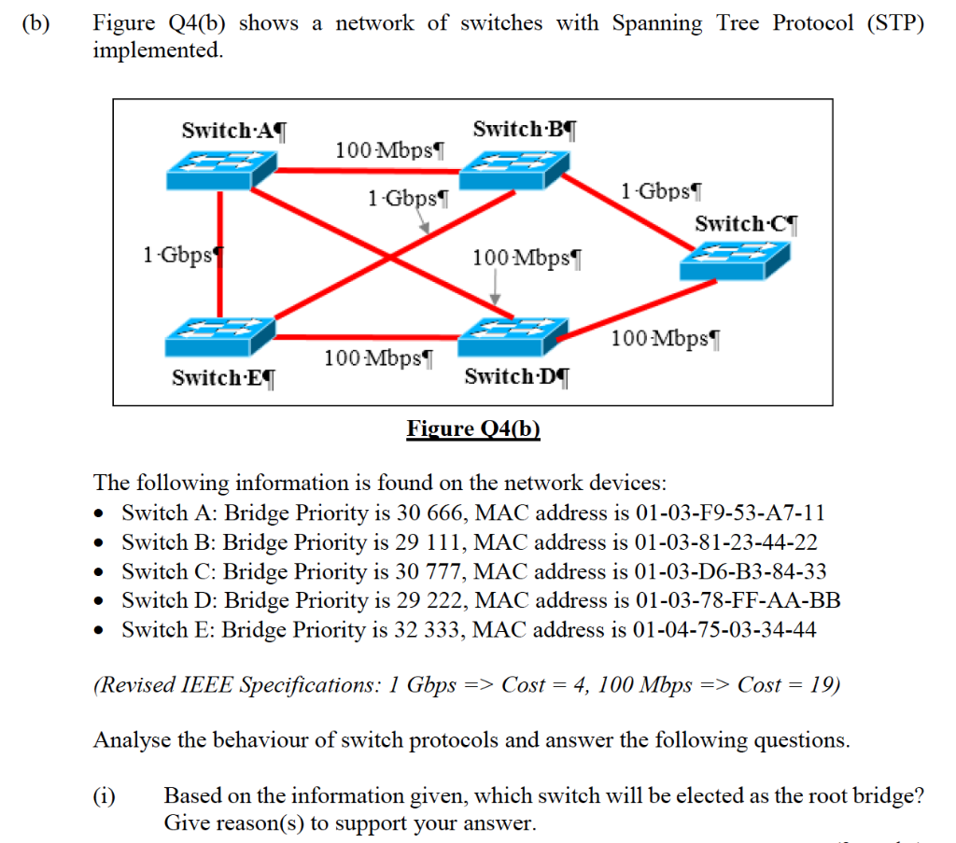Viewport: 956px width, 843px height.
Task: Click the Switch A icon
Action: point(221,169)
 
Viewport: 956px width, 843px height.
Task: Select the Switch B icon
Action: point(513,169)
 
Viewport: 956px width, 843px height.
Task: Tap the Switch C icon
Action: point(735,260)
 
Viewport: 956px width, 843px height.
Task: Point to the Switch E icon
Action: point(221,336)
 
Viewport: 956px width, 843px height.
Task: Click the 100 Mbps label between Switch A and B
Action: point(389,149)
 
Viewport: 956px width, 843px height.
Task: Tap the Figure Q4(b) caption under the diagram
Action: point(473,429)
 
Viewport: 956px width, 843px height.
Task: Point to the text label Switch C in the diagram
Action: point(746,224)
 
